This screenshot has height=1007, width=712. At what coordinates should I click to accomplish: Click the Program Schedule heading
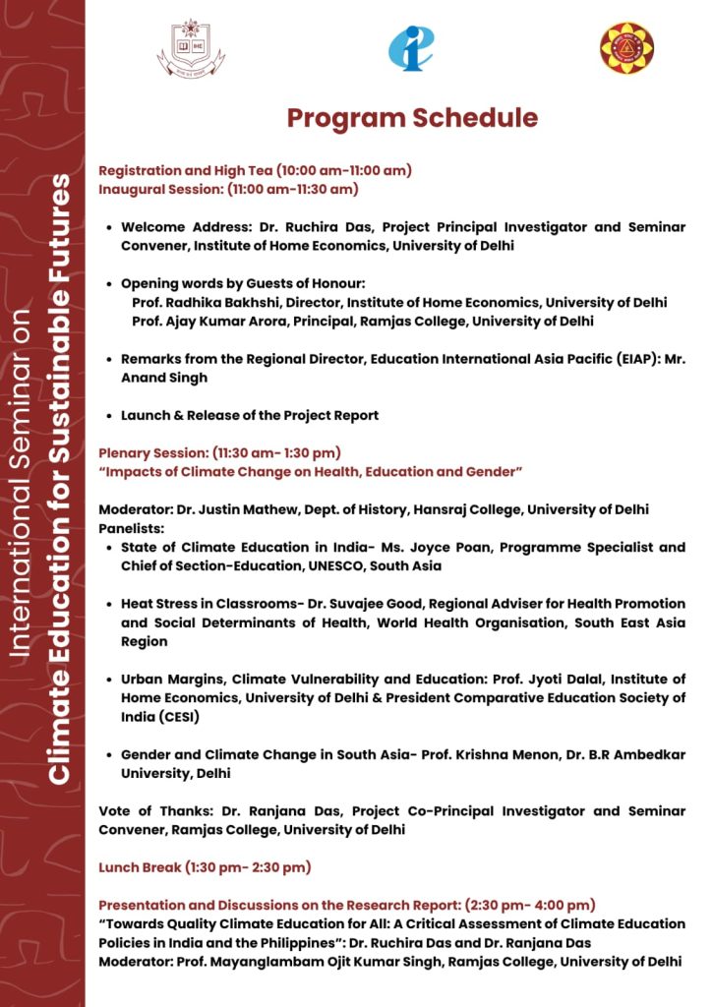point(412,119)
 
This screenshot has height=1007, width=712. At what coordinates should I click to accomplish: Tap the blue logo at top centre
point(410,47)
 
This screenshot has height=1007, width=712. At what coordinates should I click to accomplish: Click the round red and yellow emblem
point(626,48)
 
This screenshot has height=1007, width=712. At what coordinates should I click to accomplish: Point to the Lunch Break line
point(205,867)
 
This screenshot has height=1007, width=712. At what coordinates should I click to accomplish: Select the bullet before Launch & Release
point(107,416)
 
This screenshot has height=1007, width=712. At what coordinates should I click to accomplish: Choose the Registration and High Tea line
point(255,170)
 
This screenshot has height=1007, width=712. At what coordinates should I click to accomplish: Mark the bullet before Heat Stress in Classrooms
point(107,604)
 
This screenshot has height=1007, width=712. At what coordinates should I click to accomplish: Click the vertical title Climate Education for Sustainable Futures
point(61,480)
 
